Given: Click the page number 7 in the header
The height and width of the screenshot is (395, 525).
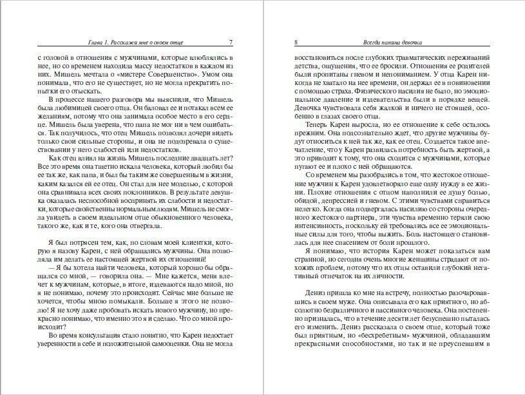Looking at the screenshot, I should point(231,43).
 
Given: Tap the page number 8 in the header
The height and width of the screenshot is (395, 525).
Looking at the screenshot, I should point(295,43).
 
